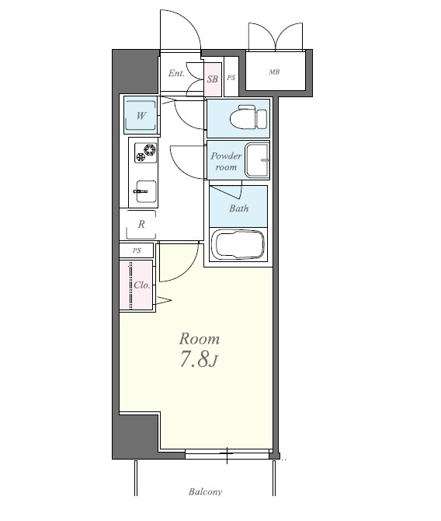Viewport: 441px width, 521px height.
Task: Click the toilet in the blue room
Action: click(248, 117)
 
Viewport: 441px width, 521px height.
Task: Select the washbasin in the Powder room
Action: click(257, 160)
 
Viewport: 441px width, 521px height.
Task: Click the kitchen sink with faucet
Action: click(146, 191)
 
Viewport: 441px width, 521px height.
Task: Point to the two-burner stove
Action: click(146, 152)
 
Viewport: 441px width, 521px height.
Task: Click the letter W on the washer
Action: click(141, 116)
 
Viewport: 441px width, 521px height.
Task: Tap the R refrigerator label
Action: click(141, 224)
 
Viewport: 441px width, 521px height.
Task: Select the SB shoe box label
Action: click(213, 79)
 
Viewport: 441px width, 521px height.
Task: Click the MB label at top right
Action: click(274, 72)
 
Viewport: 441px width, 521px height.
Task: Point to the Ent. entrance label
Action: click(176, 73)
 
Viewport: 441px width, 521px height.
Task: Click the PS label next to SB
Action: click(231, 78)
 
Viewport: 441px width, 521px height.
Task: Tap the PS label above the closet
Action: click(137, 250)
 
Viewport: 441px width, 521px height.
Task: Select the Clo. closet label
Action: click(142, 285)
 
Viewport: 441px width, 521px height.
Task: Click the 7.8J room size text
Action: click(199, 359)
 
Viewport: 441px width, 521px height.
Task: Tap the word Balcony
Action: click(205, 491)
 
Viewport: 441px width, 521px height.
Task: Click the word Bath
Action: click(239, 208)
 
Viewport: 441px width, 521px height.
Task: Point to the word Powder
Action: click(226, 156)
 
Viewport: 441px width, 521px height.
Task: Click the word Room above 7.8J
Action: click(200, 339)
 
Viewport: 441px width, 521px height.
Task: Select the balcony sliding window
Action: click(227, 454)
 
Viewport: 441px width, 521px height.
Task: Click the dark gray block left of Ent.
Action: click(135, 72)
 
